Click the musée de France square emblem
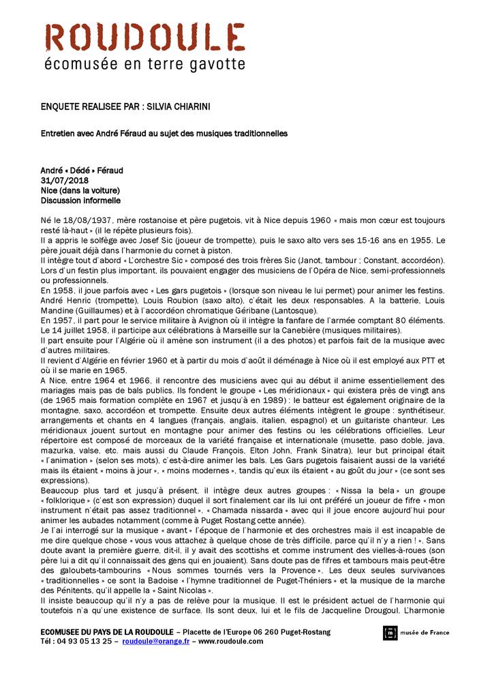pyautogui.click(x=390, y=633)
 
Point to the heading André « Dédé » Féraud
pyautogui.click(x=82, y=170)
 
